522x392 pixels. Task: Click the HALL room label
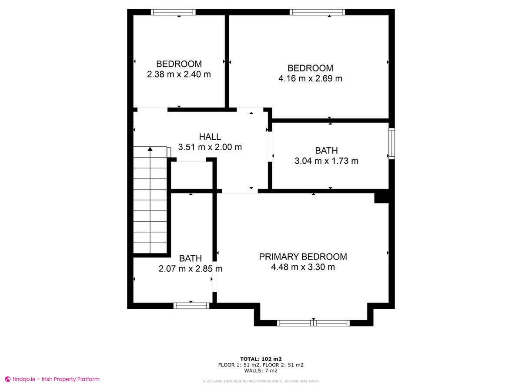210,137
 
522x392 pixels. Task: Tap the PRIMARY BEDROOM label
303,257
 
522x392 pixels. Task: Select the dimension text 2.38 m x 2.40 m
179,74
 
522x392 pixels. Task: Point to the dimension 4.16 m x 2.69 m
310,79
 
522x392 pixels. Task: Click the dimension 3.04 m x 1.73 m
326,161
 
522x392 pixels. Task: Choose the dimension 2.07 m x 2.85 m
191,269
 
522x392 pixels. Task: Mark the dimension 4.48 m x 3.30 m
303,267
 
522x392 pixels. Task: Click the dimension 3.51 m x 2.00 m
210,147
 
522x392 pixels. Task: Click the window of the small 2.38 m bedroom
173,12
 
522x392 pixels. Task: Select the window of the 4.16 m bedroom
318,12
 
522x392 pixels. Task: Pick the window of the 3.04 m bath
391,143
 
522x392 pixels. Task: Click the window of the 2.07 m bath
191,306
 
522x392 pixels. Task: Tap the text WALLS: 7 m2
261,371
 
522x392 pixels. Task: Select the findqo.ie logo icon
7,379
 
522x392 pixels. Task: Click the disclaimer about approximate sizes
261,381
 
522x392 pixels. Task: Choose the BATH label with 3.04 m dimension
326,151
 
